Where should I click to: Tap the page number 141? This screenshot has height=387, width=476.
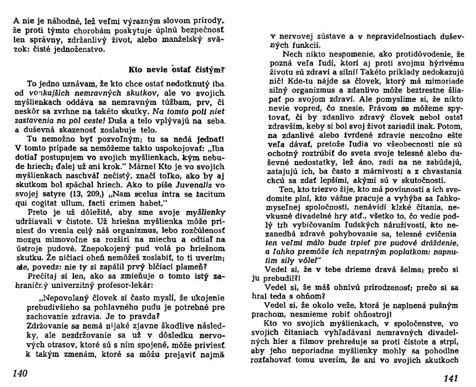pyautogui.click(x=450, y=378)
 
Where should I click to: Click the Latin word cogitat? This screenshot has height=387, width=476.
pyautogui.click(x=47, y=203)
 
